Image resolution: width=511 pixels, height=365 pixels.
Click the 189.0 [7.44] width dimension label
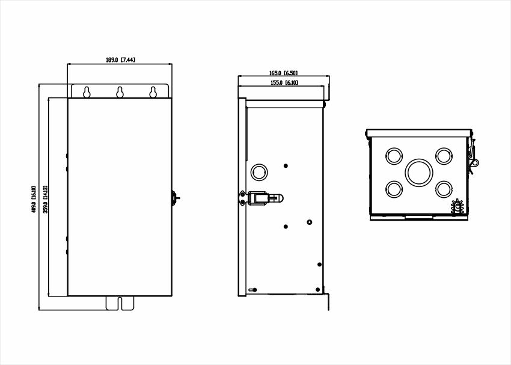pos(120,60)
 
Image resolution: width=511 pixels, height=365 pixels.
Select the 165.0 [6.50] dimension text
pos(283,73)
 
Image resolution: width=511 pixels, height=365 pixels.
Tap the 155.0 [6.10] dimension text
pos(284,83)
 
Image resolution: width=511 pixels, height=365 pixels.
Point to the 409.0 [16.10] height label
pos(34,200)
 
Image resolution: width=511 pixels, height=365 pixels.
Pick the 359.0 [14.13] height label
pos(45,200)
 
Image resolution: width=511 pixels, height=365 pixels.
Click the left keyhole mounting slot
pos(87,92)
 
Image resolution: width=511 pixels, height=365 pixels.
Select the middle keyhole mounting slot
pos(120,92)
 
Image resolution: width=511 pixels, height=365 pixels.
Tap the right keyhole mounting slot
pos(153,92)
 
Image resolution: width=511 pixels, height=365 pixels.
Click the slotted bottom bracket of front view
pos(120,303)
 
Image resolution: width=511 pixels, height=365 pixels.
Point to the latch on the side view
pos(262,198)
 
